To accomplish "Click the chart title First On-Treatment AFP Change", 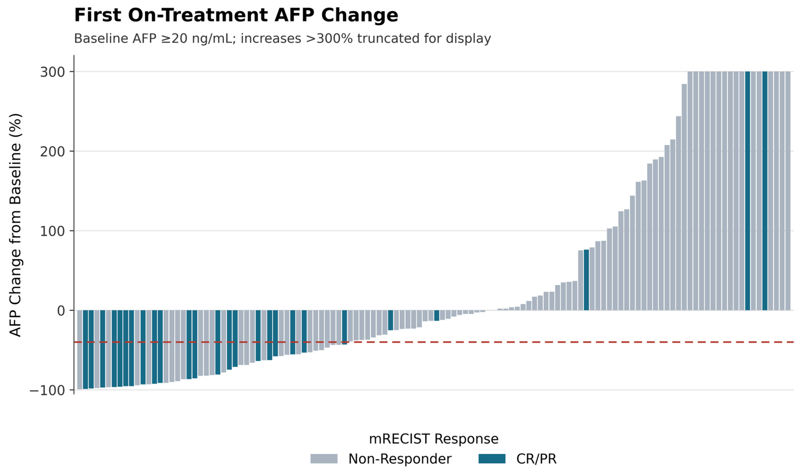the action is (236, 15).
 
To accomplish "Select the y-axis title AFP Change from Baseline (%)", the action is (15, 225).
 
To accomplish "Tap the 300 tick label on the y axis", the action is (52, 72).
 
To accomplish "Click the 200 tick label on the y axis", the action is (52, 152).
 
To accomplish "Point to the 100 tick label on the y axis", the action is (52, 231).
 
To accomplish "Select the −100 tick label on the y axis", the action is (47, 390).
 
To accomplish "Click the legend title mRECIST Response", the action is (433, 439).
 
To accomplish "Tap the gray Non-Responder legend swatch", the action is (324, 459).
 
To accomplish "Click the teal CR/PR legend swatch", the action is (492, 459).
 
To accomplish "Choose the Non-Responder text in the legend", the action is (400, 459).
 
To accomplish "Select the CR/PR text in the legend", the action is (536, 459).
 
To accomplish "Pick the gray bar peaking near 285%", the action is (684, 197).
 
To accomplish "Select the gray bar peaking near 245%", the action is (678, 213).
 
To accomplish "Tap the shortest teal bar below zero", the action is (437, 315).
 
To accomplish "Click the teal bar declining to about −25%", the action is (390, 320).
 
